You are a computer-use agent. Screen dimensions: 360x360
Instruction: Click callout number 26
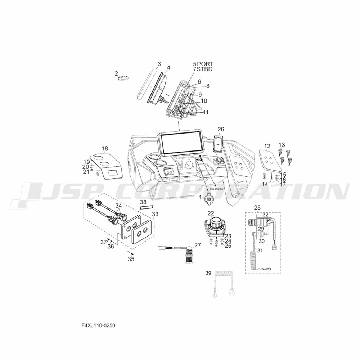click(x=221, y=129)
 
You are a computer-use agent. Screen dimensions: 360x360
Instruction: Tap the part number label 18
click(x=105, y=149)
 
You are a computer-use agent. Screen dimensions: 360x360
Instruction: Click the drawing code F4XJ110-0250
click(x=98, y=325)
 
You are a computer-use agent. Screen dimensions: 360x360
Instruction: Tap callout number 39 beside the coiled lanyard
click(x=208, y=274)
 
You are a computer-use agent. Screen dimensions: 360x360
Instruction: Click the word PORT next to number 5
click(x=205, y=64)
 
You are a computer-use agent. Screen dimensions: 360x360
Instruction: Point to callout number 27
click(x=197, y=245)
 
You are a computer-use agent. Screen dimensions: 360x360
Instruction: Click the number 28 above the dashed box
click(x=257, y=208)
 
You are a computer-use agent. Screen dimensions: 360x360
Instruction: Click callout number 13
click(x=282, y=145)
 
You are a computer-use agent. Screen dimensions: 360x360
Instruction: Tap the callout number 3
click(x=159, y=64)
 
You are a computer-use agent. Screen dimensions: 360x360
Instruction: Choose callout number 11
click(x=206, y=112)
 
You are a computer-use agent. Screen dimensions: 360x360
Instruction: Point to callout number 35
click(x=131, y=259)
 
